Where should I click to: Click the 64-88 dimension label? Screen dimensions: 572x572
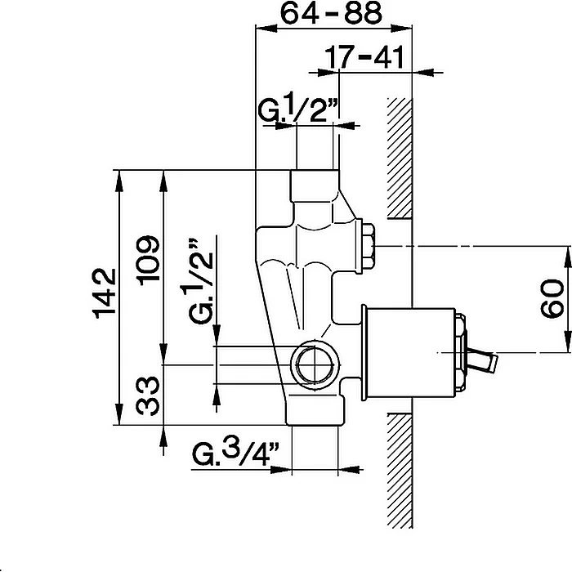331,13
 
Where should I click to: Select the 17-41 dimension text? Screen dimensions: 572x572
364,57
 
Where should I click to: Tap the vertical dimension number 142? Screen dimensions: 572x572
105,293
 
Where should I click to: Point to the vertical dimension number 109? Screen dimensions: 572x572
148,260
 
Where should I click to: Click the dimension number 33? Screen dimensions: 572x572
148,396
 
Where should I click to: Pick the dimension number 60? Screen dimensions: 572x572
552,299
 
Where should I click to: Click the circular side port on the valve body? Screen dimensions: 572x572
315,364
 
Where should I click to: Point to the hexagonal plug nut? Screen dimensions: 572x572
368,246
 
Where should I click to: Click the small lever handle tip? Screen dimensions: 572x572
494,364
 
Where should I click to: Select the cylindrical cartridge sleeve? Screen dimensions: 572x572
409,352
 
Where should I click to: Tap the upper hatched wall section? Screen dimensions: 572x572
400,159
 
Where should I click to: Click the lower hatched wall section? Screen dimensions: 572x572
400,471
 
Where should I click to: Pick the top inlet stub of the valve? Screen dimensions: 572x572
315,185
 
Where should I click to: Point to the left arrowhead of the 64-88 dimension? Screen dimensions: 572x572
266,29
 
